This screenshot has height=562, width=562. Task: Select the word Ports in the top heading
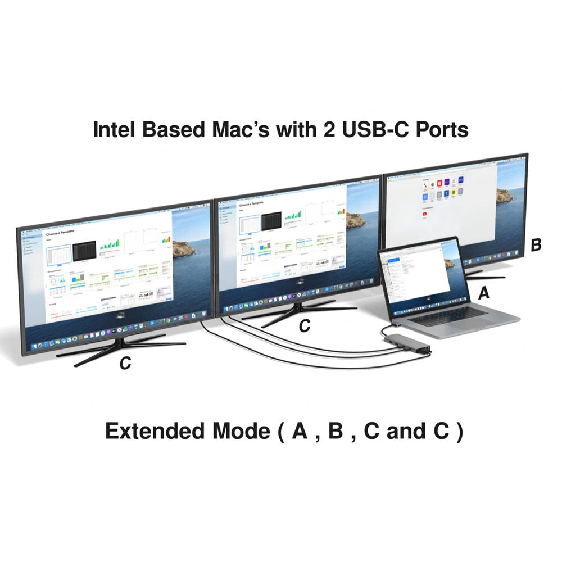pos(441,129)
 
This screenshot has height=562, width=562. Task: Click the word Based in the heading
pos(175,129)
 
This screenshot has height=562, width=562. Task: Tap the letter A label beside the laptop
pos(483,292)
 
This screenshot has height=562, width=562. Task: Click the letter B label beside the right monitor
pos(536,245)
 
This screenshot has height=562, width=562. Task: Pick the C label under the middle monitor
pos(304,326)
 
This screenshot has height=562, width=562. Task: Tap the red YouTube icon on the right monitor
pos(425,215)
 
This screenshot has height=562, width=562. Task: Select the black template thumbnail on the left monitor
pos(86,252)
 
